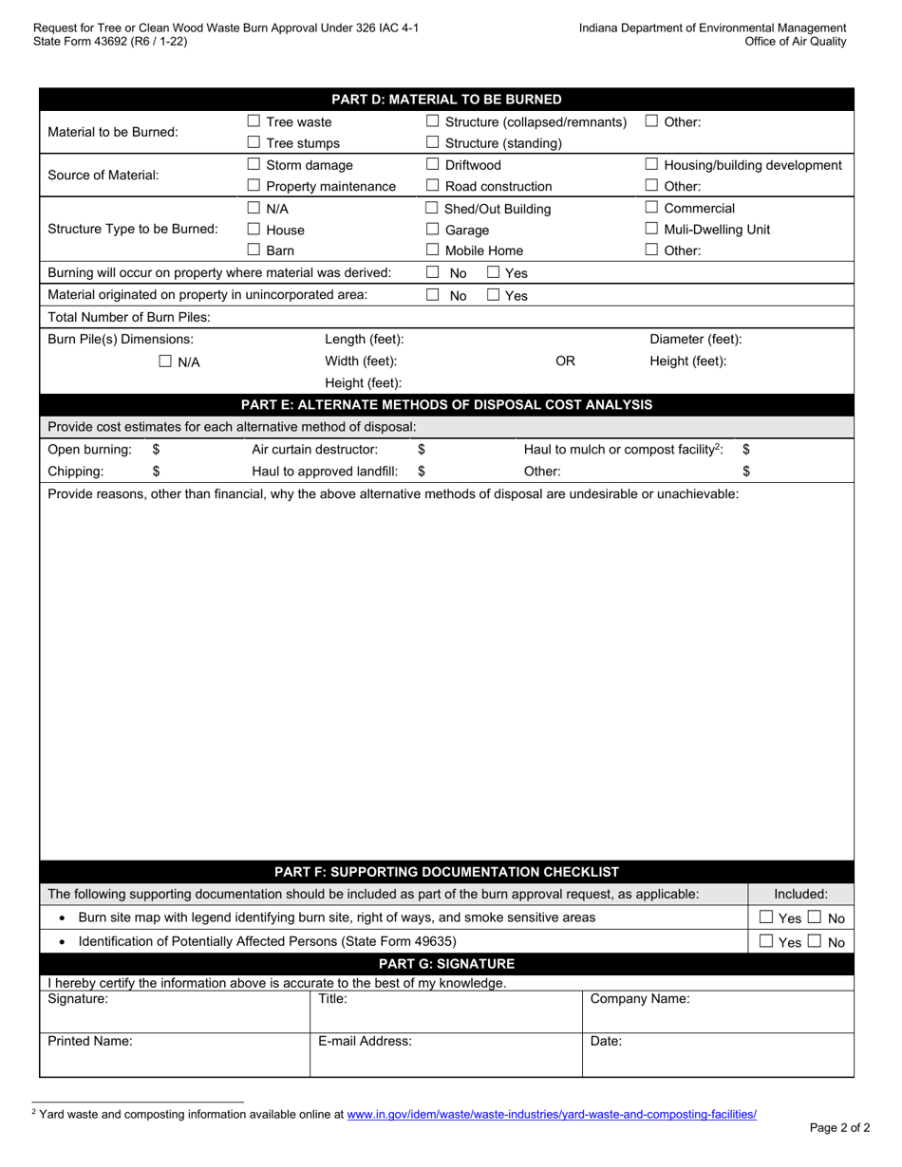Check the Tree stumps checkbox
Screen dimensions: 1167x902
click(x=254, y=143)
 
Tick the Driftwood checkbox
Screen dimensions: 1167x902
click(x=433, y=165)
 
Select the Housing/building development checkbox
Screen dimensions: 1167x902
click(x=651, y=165)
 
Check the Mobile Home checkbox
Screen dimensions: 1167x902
click(x=433, y=251)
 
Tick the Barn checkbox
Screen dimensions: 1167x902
click(x=254, y=251)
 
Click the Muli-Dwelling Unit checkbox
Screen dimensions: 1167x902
click(x=651, y=229)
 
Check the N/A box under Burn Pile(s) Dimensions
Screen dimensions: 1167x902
click(x=165, y=361)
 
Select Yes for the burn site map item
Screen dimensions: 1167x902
click(x=766, y=917)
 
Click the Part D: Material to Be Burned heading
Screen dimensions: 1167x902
click(x=446, y=100)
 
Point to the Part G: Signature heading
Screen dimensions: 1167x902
click(x=446, y=964)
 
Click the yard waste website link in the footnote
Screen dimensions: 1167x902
click(x=552, y=1115)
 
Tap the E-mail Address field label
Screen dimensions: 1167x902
click(x=365, y=1041)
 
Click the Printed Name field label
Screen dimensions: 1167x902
click(x=90, y=1041)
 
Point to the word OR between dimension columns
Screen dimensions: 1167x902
click(x=565, y=361)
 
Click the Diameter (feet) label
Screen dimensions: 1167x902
click(x=695, y=339)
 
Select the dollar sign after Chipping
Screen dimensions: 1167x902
click(x=156, y=471)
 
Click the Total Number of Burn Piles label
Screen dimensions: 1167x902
click(x=129, y=317)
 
